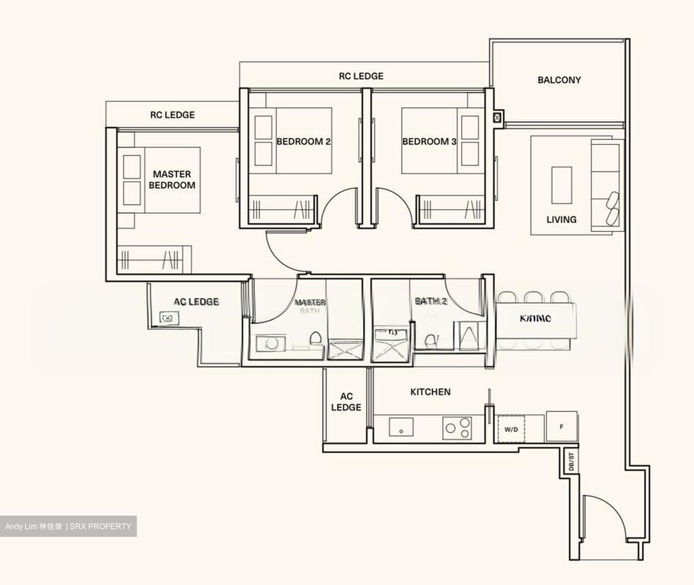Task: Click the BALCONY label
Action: click(x=559, y=80)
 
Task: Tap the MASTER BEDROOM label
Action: click(x=172, y=180)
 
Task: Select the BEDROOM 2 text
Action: click(x=303, y=142)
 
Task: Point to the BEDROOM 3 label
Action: click(x=429, y=142)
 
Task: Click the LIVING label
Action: click(x=561, y=220)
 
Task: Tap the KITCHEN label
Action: click(x=430, y=392)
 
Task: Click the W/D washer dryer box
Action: click(x=511, y=429)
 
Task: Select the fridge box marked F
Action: click(x=561, y=427)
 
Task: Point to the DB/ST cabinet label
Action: click(x=571, y=462)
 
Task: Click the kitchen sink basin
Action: click(x=401, y=427)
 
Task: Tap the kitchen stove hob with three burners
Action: click(x=456, y=427)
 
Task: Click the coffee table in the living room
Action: click(x=561, y=185)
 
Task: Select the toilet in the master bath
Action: click(x=316, y=338)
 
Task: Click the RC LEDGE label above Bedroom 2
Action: click(x=361, y=76)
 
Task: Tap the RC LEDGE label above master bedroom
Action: click(x=173, y=115)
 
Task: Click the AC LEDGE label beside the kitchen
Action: click(x=346, y=402)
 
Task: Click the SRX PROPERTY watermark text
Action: click(x=100, y=526)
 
